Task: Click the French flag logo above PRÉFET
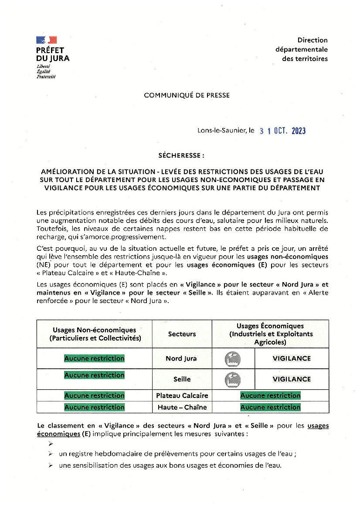click(46, 40)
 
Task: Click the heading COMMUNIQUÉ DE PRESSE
click(187, 95)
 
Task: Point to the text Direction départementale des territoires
click(302, 49)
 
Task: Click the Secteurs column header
click(182, 334)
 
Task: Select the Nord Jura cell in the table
click(181, 359)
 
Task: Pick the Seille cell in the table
click(182, 379)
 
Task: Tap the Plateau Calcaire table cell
click(182, 396)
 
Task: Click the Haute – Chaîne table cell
click(182, 407)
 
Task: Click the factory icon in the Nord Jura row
click(233, 359)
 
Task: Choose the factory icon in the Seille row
click(233, 379)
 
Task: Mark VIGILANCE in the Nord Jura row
click(292, 359)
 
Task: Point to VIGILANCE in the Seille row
click(292, 379)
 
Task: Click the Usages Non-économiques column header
click(95, 334)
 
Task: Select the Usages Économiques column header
click(270, 334)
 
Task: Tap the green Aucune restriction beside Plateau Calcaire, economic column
click(270, 396)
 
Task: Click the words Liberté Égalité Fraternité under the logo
click(46, 71)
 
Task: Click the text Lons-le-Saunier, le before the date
click(226, 131)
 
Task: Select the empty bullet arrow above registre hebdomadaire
click(51, 443)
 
